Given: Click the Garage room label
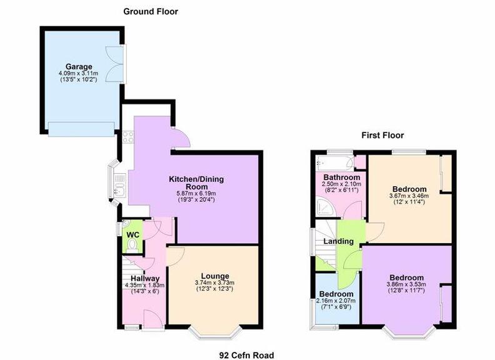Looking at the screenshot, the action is (79, 67).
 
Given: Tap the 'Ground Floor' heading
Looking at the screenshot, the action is (151, 12).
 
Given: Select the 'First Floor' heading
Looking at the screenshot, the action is (382, 136).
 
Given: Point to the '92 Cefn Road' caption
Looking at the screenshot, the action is (246, 355).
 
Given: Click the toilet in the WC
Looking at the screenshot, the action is (132, 246).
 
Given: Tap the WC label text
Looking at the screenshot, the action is (132, 235).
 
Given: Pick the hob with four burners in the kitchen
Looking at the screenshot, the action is (128, 137).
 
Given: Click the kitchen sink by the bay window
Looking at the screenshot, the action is (120, 186).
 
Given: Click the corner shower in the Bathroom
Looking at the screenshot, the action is (324, 208).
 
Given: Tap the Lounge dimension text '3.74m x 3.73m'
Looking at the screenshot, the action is (214, 283).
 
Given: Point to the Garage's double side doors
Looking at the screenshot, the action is (114, 64).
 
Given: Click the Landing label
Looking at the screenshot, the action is (338, 242).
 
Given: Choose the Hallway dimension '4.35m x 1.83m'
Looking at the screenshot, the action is (145, 285).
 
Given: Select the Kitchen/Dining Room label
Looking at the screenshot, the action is (196, 183).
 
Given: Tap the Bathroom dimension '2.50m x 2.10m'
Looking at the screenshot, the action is (342, 184).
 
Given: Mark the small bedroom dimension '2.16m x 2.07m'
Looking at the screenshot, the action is (336, 301).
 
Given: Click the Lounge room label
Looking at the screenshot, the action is (215, 277).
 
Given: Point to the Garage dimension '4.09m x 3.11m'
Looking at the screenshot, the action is (78, 74).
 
